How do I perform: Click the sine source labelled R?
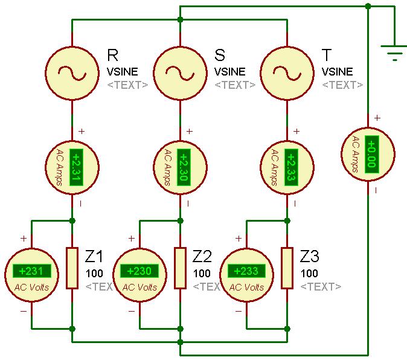72,72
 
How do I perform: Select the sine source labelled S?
180,72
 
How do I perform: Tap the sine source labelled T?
287,72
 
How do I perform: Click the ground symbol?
394,54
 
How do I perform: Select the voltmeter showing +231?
31,274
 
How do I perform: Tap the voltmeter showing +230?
139,274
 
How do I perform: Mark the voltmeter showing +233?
246,274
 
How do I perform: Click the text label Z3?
311,256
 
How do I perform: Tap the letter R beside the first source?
112,56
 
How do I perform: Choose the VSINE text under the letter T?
337,72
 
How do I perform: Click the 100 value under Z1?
94,274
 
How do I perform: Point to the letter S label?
220,56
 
